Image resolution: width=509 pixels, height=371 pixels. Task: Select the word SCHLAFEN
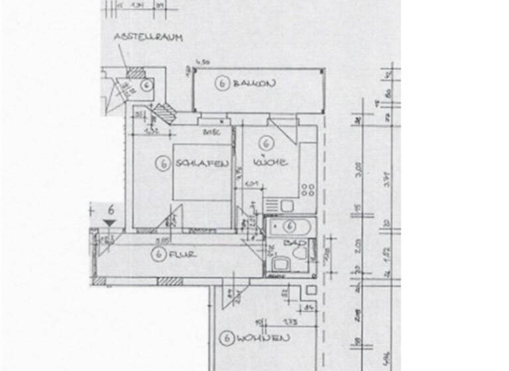203,164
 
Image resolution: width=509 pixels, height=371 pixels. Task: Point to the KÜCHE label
269,162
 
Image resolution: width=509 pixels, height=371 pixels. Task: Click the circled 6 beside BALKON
221,83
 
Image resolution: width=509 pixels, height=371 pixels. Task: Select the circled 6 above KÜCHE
267,142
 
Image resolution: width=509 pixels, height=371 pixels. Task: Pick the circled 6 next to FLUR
158,253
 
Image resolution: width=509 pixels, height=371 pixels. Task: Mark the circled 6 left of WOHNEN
226,339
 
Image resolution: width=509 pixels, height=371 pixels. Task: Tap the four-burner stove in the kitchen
308,190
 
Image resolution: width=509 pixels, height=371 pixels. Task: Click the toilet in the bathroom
299,252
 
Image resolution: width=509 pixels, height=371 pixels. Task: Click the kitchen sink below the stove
286,206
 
